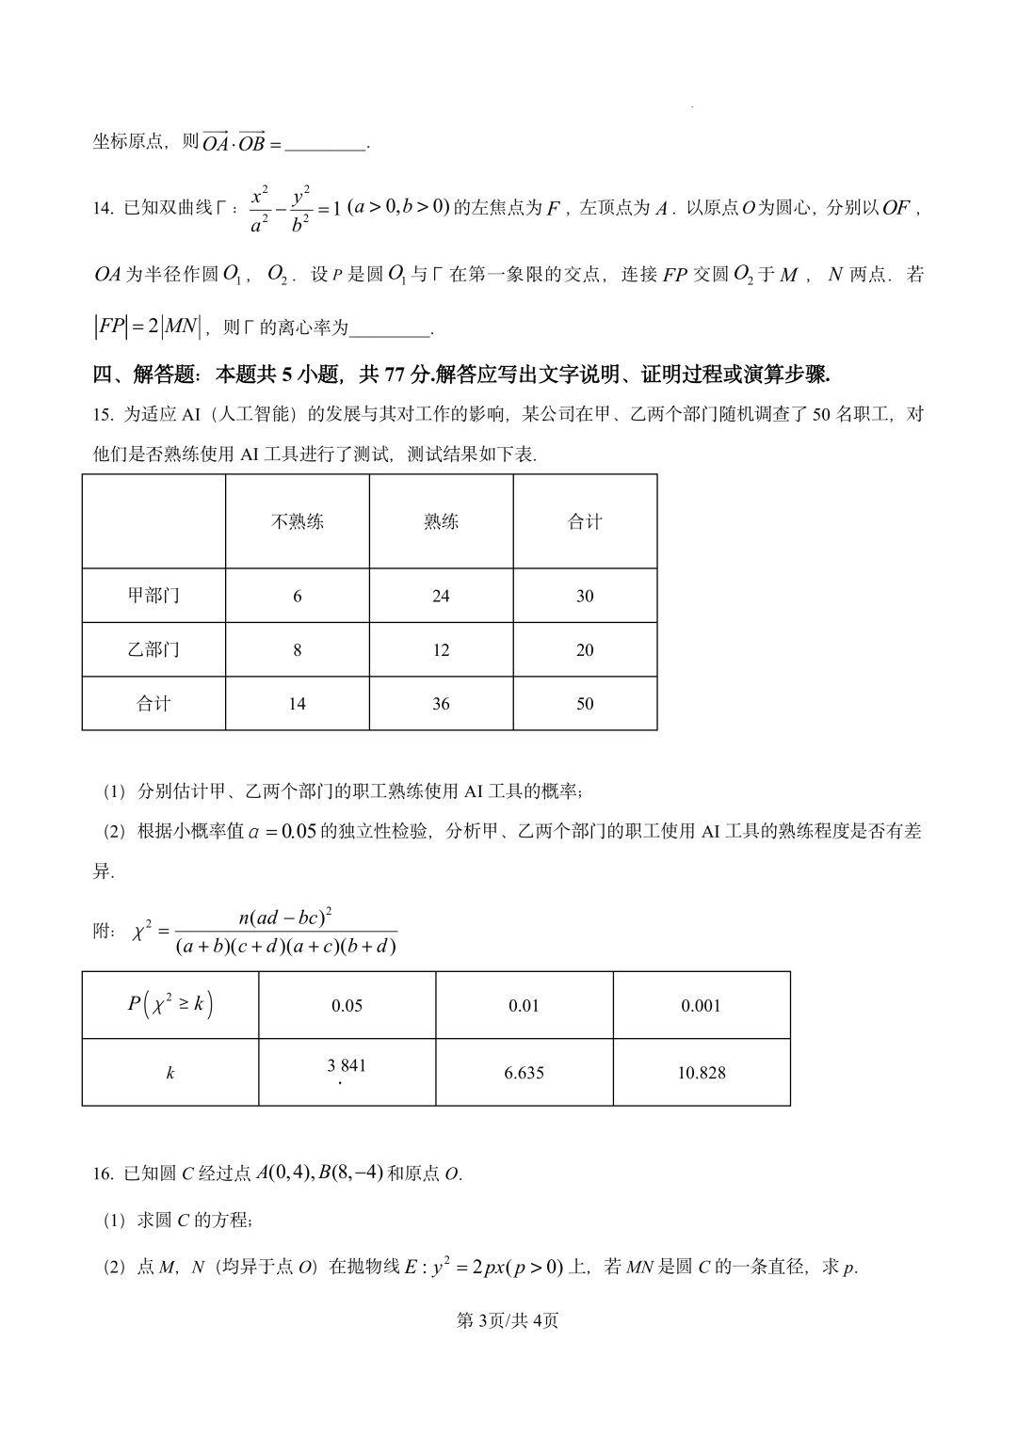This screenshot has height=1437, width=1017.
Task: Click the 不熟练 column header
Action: tap(298, 521)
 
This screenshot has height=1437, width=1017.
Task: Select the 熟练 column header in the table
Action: tap(441, 521)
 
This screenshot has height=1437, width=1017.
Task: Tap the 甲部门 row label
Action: tap(153, 596)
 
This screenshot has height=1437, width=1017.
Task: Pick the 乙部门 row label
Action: tap(153, 649)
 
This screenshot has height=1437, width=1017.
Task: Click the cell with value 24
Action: tap(441, 596)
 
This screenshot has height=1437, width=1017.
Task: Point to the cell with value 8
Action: tap(298, 649)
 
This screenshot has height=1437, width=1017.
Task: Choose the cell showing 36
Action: tap(441, 704)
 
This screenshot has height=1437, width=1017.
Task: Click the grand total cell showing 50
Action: tap(585, 704)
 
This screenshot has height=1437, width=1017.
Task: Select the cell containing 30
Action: tap(585, 596)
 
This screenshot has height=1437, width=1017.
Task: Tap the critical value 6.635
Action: tap(524, 1073)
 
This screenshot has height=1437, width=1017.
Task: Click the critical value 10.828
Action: tap(702, 1073)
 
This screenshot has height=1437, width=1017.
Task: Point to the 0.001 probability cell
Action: tap(702, 1006)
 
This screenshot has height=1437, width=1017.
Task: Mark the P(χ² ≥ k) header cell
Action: tap(170, 1005)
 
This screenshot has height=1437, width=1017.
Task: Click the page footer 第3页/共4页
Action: tap(508, 1320)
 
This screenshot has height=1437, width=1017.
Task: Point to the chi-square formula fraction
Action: tap(285, 932)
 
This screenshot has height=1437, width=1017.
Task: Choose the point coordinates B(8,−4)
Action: tap(350, 1173)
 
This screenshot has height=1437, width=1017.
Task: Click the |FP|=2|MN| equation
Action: tap(148, 327)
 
